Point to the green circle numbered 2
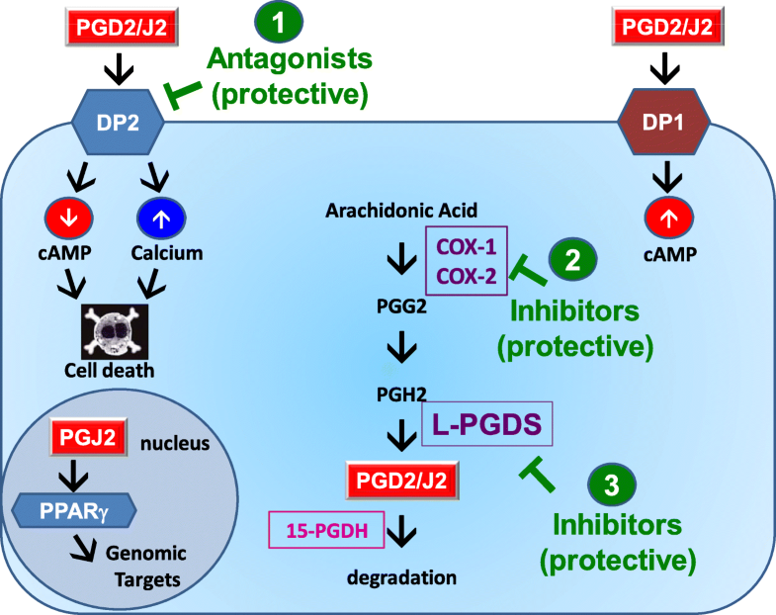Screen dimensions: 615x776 [572, 259]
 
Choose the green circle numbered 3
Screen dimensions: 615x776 [612, 484]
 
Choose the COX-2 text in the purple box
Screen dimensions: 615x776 [467, 275]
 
